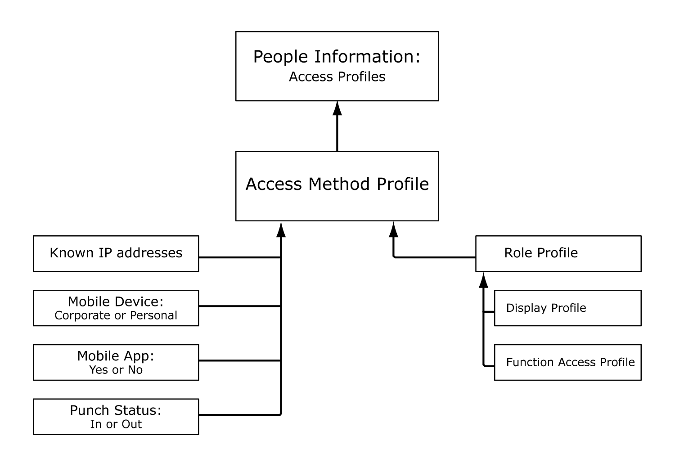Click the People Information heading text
(337, 57)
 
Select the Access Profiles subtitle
(337, 77)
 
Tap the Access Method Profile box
(337, 185)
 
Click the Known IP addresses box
(116, 253)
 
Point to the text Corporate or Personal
(116, 315)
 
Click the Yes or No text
(116, 370)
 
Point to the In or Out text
(116, 424)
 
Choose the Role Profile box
(558, 253)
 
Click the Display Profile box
(567, 308)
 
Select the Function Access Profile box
(567, 362)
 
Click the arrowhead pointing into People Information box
(337, 108)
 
